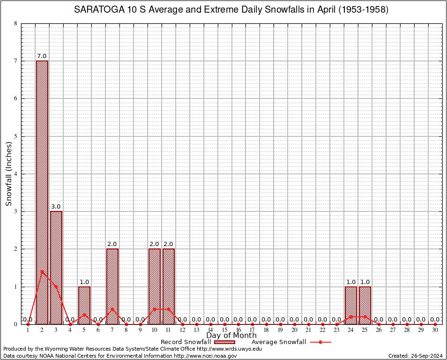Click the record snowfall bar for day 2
(x=42, y=192)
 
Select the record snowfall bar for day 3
(x=56, y=267)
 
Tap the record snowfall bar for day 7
(x=112, y=286)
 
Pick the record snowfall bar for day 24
(x=351, y=305)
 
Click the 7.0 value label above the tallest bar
(x=42, y=56)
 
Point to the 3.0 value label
(x=56, y=207)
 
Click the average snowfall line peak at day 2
(x=42, y=271)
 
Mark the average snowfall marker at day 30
(x=435, y=324)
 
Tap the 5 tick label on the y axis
(x=15, y=136)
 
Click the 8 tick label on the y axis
(x=15, y=23)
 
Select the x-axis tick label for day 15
(x=224, y=330)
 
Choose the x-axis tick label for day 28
(x=407, y=330)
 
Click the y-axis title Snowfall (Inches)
(x=9, y=174)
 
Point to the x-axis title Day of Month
(x=231, y=336)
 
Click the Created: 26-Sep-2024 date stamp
(x=416, y=356)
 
